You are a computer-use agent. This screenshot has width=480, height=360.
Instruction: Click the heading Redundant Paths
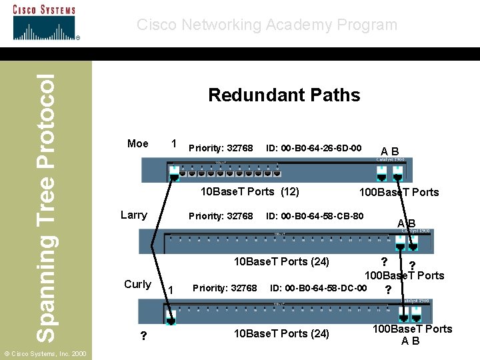[x=284, y=95]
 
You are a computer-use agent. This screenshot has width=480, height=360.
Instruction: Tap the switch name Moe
[x=138, y=143]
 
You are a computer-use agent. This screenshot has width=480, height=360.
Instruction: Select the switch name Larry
[x=133, y=215]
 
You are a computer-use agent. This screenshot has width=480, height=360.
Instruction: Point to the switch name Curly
[x=137, y=284]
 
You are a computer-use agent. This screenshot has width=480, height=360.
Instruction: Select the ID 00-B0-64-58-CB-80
[x=315, y=216]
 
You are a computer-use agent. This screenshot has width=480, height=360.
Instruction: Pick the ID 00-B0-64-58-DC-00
[x=318, y=288]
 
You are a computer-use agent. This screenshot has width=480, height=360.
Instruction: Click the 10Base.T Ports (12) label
[x=250, y=192]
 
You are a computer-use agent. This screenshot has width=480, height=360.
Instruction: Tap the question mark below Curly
[x=143, y=337]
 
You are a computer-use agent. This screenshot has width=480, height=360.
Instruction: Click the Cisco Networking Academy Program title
[x=267, y=25]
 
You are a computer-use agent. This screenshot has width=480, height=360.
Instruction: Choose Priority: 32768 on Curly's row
[x=225, y=288]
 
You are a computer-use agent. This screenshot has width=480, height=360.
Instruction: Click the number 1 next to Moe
[x=173, y=143]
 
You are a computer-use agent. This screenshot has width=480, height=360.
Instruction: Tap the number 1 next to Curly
[x=171, y=289]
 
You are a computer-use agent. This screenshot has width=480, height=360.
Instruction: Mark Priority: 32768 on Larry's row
[x=221, y=216]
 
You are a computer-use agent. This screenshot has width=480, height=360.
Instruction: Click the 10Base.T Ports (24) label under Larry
[x=281, y=261]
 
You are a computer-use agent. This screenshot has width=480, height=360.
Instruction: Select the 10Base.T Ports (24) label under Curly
[x=281, y=333]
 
